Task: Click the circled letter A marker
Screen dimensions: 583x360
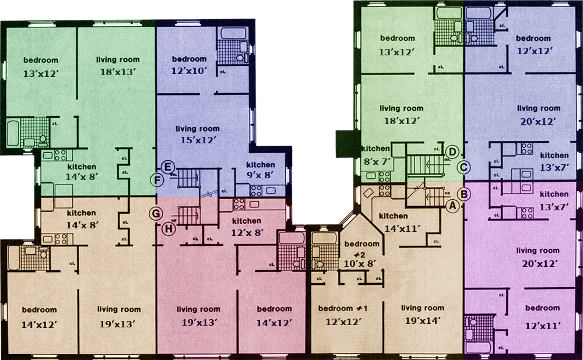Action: pyautogui.click(x=452, y=206)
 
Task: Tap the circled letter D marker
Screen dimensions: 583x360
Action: pyautogui.click(x=452, y=151)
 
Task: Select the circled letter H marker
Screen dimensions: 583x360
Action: pyautogui.click(x=169, y=229)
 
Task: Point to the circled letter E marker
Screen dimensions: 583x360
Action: pyautogui.click(x=168, y=167)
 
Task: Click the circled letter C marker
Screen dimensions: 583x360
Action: pyautogui.click(x=463, y=167)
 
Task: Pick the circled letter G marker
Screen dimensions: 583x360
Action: pyautogui.click(x=156, y=214)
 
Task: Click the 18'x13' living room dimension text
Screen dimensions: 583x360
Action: pyautogui.click(x=118, y=72)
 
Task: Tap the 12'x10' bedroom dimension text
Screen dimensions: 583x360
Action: pyautogui.click(x=189, y=70)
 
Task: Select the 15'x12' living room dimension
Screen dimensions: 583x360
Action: pyautogui.click(x=198, y=140)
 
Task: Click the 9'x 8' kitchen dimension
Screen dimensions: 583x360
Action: pyautogui.click(x=260, y=175)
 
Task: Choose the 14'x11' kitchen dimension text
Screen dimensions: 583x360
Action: pyautogui.click(x=402, y=228)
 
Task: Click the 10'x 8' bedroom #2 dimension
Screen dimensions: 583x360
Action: pyautogui.click(x=360, y=263)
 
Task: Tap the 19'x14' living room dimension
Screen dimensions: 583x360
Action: pyautogui.click(x=423, y=320)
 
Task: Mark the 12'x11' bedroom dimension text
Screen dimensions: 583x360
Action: pyautogui.click(x=543, y=326)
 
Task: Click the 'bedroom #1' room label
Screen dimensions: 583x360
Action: pyautogui.click(x=343, y=308)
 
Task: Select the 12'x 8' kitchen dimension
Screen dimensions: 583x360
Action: pyautogui.click(x=247, y=232)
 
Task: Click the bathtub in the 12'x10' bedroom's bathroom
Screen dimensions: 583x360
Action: pyautogui.click(x=234, y=33)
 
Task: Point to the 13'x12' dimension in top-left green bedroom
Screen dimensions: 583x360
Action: pyautogui.click(x=41, y=73)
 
